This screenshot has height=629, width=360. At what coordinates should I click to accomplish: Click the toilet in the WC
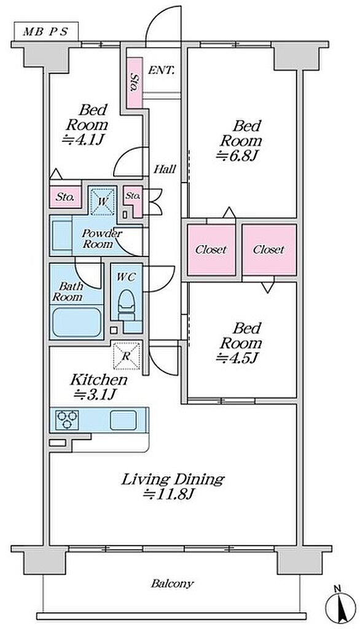point(127,305)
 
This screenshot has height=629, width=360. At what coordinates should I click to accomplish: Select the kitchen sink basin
point(123,420)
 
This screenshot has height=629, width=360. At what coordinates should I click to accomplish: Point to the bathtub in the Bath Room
point(77,322)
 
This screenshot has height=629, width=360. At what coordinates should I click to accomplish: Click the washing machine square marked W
point(102,201)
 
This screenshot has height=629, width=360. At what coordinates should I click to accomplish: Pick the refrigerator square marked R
point(127,356)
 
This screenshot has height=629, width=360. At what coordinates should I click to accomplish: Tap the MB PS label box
point(46,32)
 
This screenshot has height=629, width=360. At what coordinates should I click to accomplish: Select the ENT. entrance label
point(162,71)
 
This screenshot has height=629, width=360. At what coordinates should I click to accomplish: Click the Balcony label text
point(172,584)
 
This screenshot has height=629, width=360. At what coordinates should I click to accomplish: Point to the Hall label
point(165,169)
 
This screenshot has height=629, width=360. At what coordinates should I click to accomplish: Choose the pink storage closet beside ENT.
point(135,83)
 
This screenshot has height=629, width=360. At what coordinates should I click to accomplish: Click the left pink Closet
point(211,249)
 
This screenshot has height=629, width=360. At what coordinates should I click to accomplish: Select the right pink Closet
point(269,249)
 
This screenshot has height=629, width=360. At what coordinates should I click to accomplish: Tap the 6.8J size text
point(236,155)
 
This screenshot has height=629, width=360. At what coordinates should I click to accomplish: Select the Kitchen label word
point(99,380)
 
